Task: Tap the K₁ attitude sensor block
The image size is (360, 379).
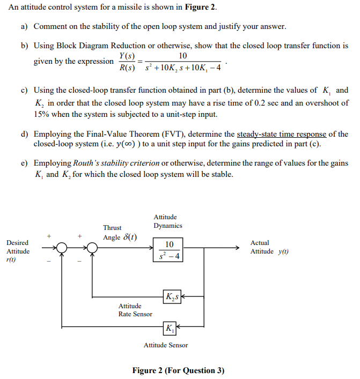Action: (169, 327)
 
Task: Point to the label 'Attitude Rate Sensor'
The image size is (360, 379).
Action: (135, 310)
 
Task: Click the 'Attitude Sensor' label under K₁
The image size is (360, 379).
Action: (165, 345)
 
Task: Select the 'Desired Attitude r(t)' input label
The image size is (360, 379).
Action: (18, 251)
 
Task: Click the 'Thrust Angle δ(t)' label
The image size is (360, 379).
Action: (119, 233)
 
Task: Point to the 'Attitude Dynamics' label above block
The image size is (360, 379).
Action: (167, 221)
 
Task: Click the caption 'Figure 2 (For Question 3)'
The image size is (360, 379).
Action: (178, 370)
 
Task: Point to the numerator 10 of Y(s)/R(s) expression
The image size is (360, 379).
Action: (183, 56)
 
